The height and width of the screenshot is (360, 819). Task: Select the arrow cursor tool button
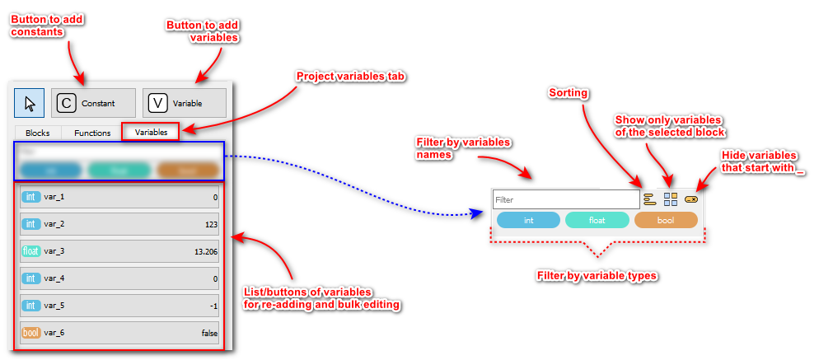click(30, 103)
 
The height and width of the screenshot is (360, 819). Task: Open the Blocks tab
click(38, 132)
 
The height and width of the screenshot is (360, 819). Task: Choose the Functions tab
click(92, 132)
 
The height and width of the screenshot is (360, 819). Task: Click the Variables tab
click(151, 132)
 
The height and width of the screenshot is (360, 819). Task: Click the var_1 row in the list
click(119, 198)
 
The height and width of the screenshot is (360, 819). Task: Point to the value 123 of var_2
click(212, 224)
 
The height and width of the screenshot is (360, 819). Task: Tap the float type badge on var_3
click(30, 251)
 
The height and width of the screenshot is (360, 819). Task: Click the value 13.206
click(206, 251)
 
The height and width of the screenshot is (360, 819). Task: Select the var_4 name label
click(54, 278)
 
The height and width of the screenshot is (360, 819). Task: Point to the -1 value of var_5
click(213, 306)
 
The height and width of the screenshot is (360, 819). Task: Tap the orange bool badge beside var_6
click(30, 333)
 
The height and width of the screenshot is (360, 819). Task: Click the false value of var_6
click(209, 333)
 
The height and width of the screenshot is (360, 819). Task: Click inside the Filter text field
click(565, 199)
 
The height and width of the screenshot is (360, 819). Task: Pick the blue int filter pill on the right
click(528, 220)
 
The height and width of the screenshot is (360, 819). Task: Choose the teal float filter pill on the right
click(597, 220)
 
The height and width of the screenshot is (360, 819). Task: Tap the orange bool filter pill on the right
click(666, 220)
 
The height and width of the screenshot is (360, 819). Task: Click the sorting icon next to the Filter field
click(649, 199)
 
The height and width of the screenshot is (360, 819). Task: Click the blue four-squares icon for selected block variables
click(671, 199)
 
